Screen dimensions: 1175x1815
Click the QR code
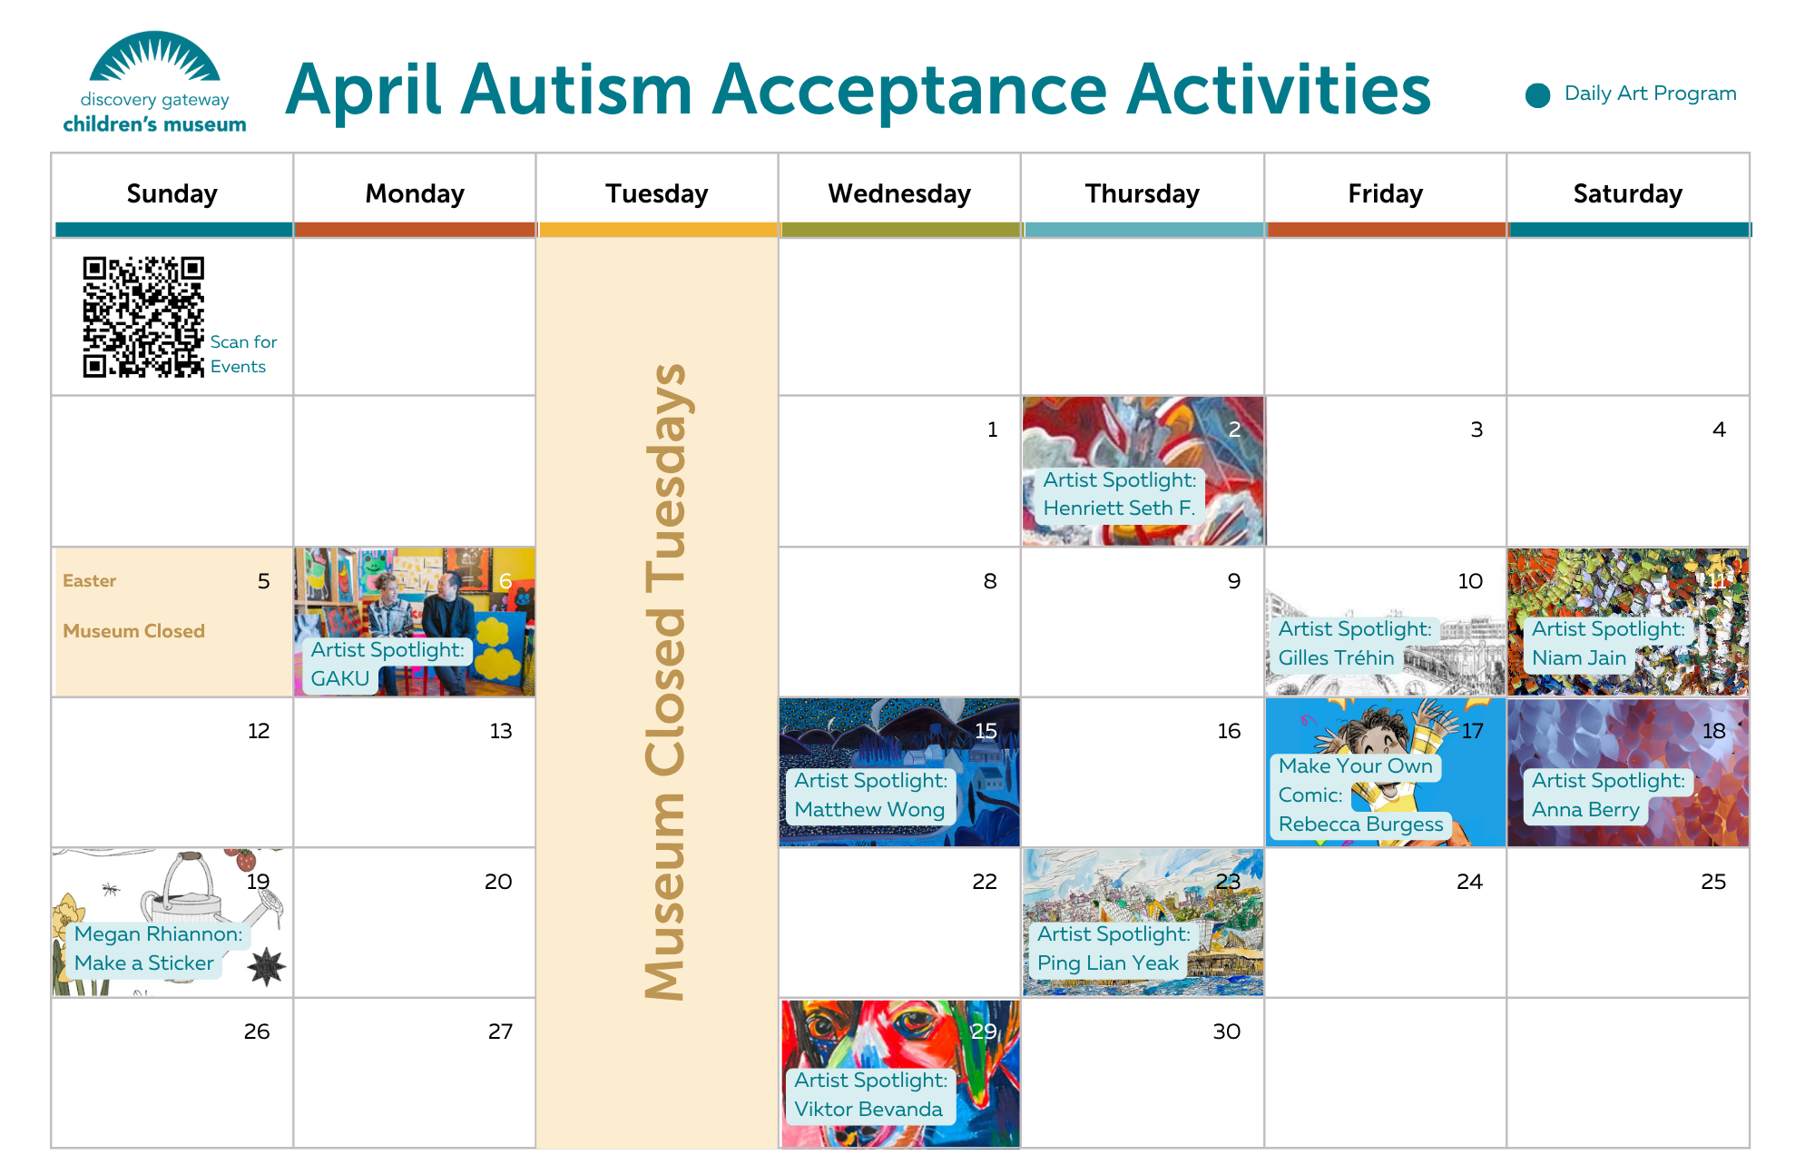[143, 316]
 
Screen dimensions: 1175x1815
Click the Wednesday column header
[898, 193]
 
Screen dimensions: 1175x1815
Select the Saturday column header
[1627, 193]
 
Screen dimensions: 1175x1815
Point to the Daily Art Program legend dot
[1537, 94]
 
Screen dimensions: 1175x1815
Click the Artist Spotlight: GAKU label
[386, 664]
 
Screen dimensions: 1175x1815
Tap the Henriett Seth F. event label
[1119, 494]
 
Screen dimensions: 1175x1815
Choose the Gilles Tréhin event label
[1353, 643]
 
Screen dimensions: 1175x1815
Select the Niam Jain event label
[1606, 643]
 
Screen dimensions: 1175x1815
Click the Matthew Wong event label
[869, 795]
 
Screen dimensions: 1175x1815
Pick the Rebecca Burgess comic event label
[1359, 795]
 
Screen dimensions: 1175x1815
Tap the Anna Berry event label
[1606, 795]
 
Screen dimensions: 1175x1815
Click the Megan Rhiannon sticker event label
[157, 948]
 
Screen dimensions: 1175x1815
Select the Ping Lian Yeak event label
[1113, 948]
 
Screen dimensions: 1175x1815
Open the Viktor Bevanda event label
[869, 1094]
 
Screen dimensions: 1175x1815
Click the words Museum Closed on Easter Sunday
[133, 631]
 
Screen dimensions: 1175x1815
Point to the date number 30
[1226, 1032]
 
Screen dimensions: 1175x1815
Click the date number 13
[500, 731]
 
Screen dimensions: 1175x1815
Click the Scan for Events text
[242, 354]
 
